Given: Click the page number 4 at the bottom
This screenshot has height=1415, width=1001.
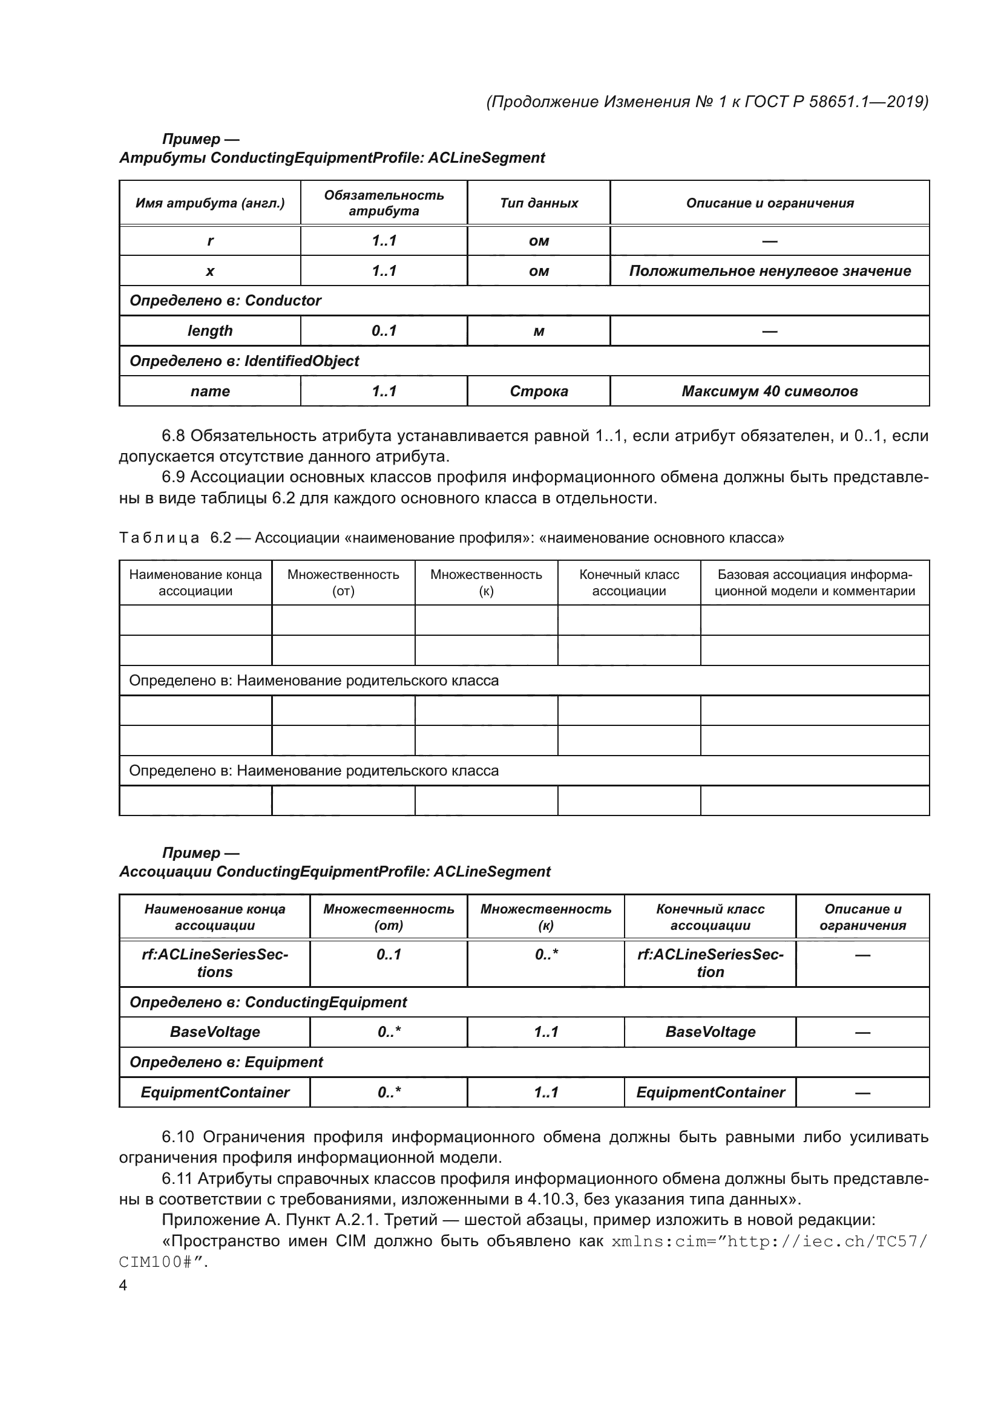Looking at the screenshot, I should (x=123, y=1285).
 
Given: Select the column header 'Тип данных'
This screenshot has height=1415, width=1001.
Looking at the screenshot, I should (x=539, y=203).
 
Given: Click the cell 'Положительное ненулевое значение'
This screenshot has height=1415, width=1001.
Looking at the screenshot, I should (x=769, y=271).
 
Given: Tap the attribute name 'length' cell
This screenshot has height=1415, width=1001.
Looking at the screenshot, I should (x=210, y=331).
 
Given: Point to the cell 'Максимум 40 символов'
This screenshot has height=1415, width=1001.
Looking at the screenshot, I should (x=769, y=391).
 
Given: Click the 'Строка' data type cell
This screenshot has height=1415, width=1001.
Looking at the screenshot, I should (x=539, y=391).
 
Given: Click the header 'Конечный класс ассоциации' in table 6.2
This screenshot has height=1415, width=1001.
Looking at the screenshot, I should (x=629, y=583).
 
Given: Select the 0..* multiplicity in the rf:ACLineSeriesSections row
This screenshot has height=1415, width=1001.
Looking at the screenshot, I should (x=546, y=955).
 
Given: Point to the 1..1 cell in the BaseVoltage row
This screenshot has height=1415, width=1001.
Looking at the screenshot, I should (x=546, y=1032).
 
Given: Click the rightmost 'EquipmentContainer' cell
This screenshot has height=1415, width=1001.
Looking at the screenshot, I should (x=710, y=1093).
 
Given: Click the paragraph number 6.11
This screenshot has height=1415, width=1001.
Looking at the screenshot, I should (x=177, y=1179).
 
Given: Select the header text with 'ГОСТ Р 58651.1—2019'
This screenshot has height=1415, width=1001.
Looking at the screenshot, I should (x=835, y=102).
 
